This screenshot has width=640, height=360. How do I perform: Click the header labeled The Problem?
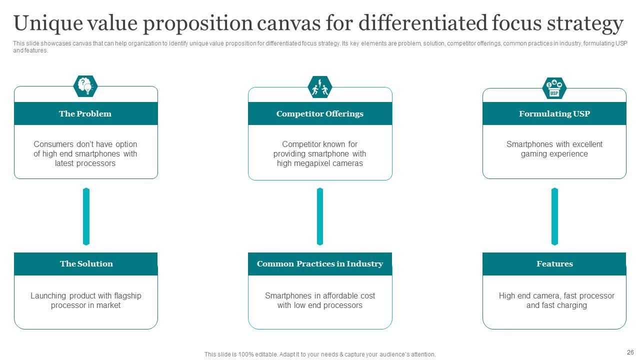pos(85,113)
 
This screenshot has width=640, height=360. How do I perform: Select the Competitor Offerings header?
pos(320,113)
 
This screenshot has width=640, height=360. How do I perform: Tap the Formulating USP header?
pos(554,113)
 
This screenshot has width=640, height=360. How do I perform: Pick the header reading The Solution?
pos(86,263)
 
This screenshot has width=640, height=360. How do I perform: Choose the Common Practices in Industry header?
pos(320,263)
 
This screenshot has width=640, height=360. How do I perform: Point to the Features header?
pos(554,263)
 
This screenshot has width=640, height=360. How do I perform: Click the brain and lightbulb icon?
pos(85,86)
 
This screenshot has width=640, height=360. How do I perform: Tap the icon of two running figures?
pos(320,87)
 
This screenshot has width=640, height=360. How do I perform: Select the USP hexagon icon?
pos(554,88)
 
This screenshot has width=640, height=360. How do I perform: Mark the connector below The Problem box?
pos(86,216)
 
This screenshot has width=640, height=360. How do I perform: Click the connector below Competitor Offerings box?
pos(320,216)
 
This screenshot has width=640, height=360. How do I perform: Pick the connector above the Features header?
pos(554,216)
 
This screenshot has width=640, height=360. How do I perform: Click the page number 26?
pos(629,351)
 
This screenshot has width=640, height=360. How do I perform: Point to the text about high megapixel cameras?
pos(320,154)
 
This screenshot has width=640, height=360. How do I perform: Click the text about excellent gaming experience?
pos(554,149)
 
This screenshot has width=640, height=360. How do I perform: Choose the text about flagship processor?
pos(86,300)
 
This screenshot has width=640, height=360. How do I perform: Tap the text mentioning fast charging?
pos(556,300)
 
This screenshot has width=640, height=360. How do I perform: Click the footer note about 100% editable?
pos(320,354)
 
